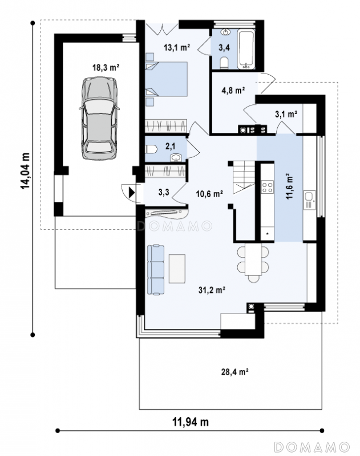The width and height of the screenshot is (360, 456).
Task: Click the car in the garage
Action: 99,119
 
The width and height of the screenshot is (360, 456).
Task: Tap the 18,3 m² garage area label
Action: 106,68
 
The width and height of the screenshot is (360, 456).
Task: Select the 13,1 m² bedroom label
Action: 177,47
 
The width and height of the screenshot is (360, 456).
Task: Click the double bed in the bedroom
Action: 166,79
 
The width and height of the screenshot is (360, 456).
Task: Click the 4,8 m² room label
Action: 233,91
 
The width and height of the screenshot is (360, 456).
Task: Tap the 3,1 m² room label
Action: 286,114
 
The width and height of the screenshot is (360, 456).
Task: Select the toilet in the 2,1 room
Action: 151,149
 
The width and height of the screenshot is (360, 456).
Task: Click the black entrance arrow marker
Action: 132,192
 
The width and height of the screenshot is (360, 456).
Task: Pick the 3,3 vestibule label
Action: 164,192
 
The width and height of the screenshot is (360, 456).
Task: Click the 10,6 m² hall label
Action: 209,194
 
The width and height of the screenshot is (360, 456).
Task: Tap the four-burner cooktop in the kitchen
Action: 267,187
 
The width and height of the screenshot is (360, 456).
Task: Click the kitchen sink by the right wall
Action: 309,200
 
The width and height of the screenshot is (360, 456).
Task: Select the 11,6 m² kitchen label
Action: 289,186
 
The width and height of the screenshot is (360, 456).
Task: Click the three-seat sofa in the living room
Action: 156,270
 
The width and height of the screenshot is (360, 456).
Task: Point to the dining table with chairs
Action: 253,263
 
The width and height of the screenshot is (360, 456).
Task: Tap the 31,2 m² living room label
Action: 212,290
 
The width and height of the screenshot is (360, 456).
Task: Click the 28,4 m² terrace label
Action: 234,372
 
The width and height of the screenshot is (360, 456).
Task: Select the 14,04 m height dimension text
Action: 25,170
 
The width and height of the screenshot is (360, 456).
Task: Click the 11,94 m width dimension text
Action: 191,421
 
